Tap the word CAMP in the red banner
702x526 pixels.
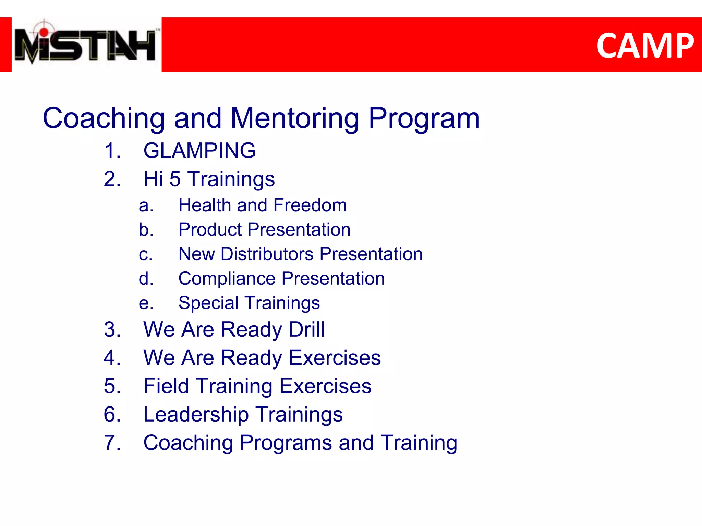[x=645, y=46]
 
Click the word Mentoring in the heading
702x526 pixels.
[x=295, y=118]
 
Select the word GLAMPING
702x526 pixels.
[x=199, y=151]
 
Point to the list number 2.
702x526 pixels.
[x=112, y=179]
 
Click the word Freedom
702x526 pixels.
[x=310, y=205]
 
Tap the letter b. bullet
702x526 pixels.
[x=146, y=230]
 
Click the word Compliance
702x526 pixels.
[x=227, y=279]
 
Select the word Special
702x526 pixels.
[x=208, y=303]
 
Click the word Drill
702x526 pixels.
[x=307, y=329]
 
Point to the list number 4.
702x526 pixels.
[x=112, y=358]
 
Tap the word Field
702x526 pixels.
[x=166, y=386]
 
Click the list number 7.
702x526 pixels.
[x=112, y=443]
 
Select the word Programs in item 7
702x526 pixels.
[x=286, y=443]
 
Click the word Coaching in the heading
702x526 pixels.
[x=104, y=118]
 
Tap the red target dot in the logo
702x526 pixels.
[x=44, y=32]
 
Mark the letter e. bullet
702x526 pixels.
[x=146, y=303]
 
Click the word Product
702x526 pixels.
[x=210, y=230]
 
